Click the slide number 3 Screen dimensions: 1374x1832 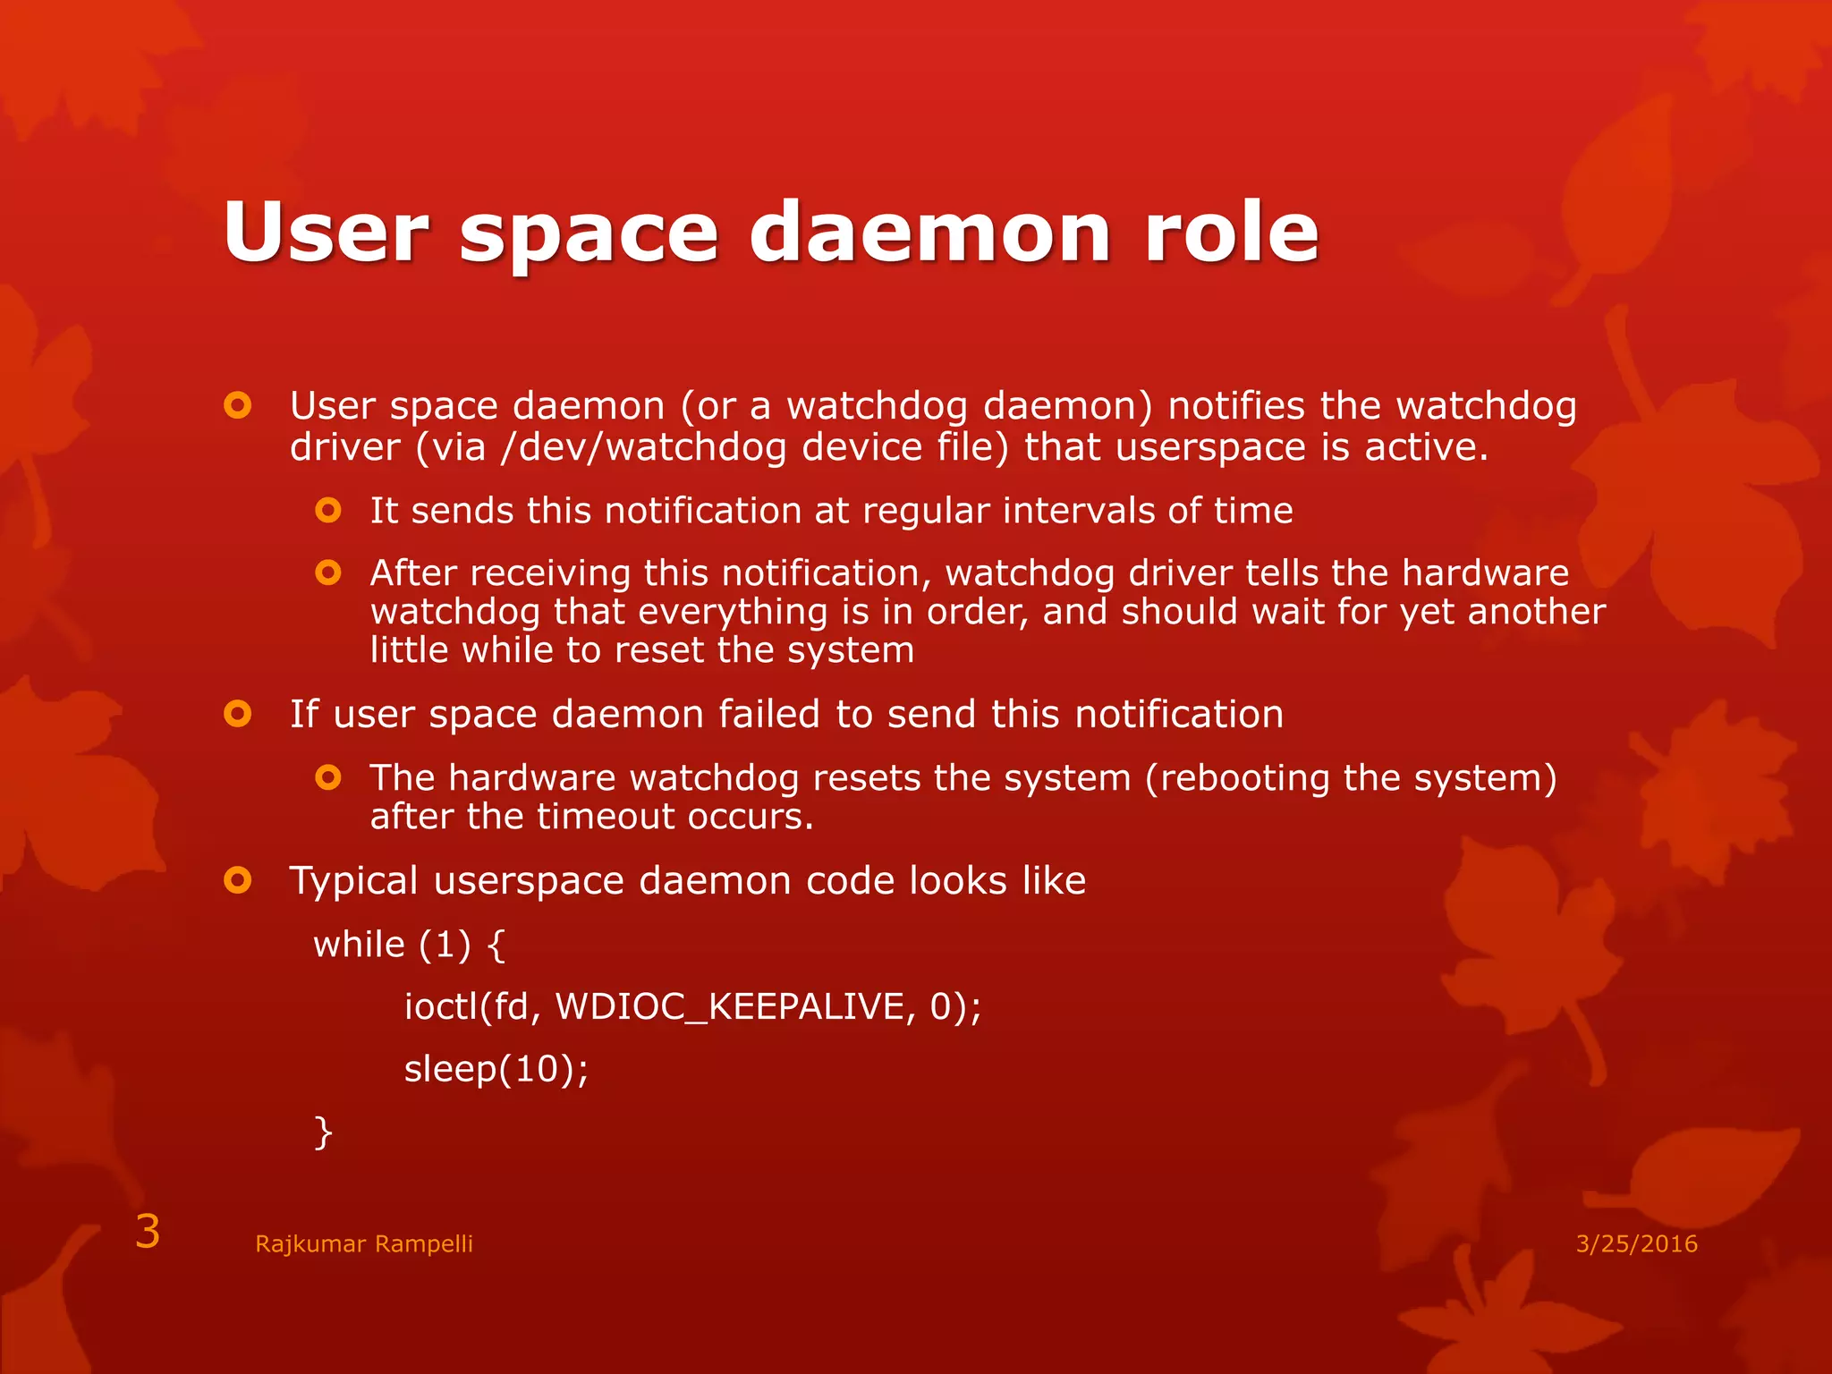click(x=148, y=1232)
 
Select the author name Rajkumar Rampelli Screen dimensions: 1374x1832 click(x=363, y=1243)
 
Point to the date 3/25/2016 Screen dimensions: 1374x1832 click(x=1636, y=1243)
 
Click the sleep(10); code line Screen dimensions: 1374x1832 click(x=496, y=1069)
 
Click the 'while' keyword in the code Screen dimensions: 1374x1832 click(x=360, y=945)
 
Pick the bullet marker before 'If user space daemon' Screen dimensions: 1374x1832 click(x=238, y=715)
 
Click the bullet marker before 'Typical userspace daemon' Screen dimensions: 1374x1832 click(x=238, y=881)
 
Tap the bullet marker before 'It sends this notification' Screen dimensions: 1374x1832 click(x=328, y=511)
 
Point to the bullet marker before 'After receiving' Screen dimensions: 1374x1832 click(x=328, y=572)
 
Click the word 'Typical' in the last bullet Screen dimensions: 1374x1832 click(x=354, y=881)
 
